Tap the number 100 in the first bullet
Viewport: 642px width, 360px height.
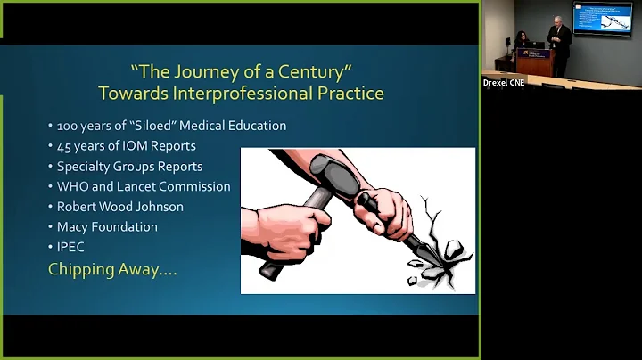[68, 126]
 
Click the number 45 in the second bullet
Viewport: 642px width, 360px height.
[64, 146]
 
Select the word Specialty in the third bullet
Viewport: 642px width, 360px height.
[85, 167]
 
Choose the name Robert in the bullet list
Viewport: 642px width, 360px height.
[78, 207]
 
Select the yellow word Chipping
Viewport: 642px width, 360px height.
[81, 269]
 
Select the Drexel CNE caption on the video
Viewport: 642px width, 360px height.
[505, 82]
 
